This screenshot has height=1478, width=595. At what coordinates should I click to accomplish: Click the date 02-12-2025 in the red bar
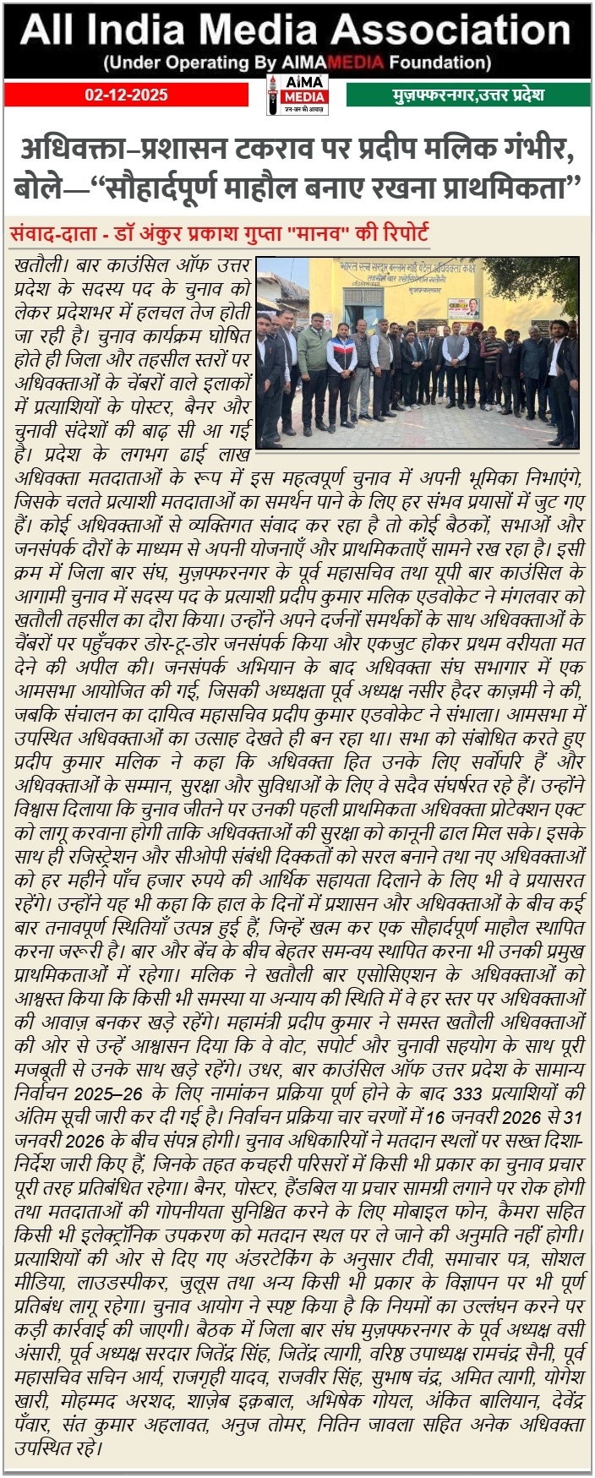pyautogui.click(x=126, y=95)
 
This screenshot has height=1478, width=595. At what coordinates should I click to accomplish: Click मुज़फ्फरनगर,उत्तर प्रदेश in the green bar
pyautogui.click(x=468, y=95)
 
